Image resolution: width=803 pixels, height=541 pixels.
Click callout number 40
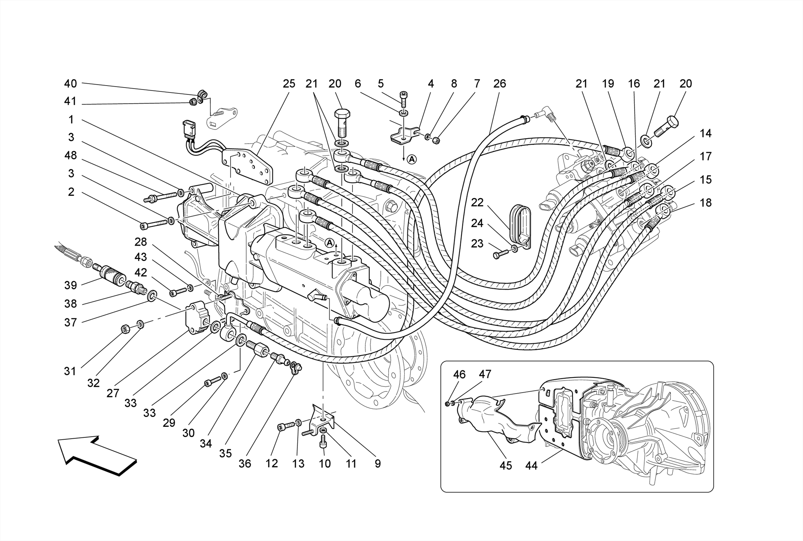pyautogui.click(x=71, y=84)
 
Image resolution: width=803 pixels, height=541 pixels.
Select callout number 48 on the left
pyautogui.click(x=71, y=156)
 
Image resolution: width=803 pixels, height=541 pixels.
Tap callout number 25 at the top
pyautogui.click(x=289, y=84)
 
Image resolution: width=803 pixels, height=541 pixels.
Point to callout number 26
pyautogui.click(x=500, y=84)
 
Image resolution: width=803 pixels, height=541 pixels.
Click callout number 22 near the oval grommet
pyautogui.click(x=477, y=203)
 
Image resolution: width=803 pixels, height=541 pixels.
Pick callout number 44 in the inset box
pyautogui.click(x=532, y=466)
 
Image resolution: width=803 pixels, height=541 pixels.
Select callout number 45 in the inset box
pyautogui.click(x=506, y=466)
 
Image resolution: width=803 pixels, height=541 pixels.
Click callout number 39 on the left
pyautogui.click(x=71, y=285)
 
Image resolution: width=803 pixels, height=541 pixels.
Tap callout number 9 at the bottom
pyautogui.click(x=378, y=464)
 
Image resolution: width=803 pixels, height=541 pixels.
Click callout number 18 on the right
pyautogui.click(x=706, y=203)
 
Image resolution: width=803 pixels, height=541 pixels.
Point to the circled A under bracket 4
pyautogui.click(x=411, y=159)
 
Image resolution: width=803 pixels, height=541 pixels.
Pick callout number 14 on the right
pyautogui.click(x=706, y=133)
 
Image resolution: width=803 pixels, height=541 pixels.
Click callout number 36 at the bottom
pyautogui.click(x=245, y=464)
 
